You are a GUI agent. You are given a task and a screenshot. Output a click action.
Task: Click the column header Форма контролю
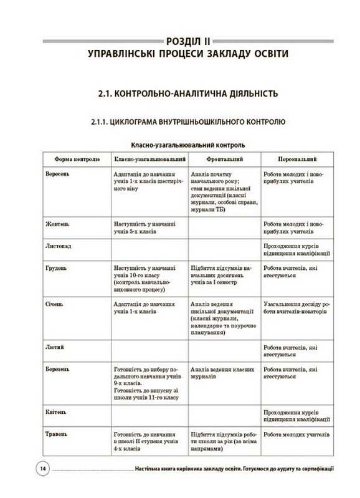(x=77, y=160)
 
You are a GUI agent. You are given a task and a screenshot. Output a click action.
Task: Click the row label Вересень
(x=58, y=173)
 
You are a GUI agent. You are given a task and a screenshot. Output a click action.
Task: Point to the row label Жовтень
(x=57, y=223)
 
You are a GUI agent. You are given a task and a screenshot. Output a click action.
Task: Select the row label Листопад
(x=58, y=246)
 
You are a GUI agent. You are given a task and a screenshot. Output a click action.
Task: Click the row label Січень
(x=55, y=304)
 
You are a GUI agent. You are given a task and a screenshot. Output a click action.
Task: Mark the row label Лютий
(x=54, y=346)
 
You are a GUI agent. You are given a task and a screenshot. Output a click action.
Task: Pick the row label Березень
(x=58, y=368)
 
